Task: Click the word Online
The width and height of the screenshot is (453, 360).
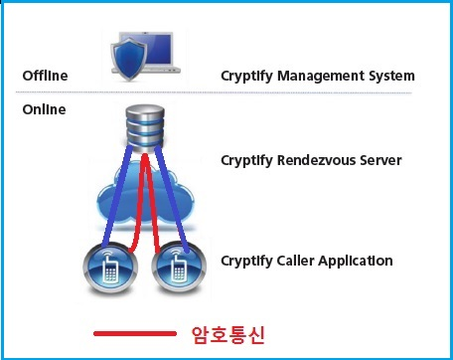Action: pos(44,108)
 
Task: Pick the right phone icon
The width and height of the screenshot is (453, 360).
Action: pos(176,265)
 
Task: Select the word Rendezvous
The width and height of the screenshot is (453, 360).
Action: pos(318,159)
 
